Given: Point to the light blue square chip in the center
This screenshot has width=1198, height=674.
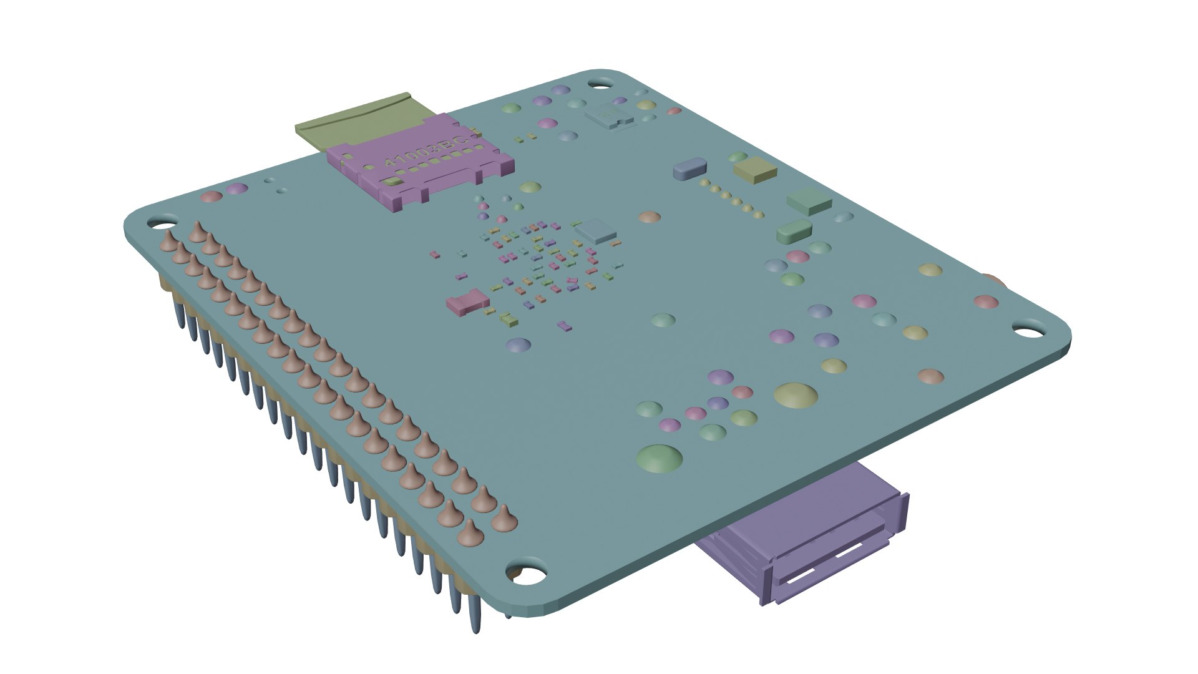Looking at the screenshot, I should tap(596, 230).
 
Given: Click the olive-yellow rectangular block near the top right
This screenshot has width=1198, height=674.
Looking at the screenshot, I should tap(755, 170).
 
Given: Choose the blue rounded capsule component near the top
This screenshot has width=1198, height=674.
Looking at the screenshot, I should tap(690, 168).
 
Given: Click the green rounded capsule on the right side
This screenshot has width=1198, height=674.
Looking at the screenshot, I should tap(794, 231).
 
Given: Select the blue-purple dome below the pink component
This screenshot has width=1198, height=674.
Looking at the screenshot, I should tap(519, 345).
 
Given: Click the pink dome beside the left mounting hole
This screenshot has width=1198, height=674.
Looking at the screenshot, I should tap(212, 197).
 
